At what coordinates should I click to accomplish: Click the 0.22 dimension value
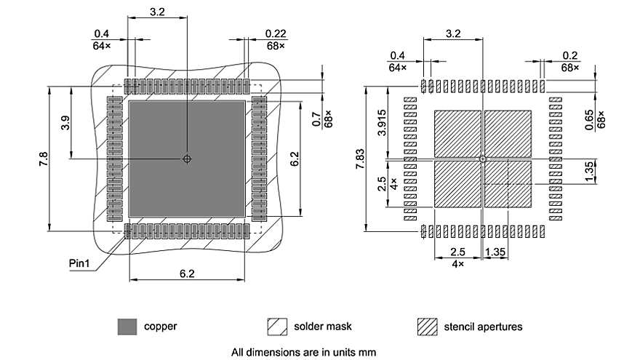click(x=276, y=34)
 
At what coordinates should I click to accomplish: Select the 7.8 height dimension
click(x=43, y=159)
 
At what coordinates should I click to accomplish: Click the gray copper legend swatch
click(x=127, y=327)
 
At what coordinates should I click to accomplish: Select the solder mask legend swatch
click(x=277, y=327)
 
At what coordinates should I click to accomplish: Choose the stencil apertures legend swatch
click(x=427, y=327)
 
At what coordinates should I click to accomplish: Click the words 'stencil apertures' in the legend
click(x=483, y=327)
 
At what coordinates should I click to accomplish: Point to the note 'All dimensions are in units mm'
click(x=303, y=352)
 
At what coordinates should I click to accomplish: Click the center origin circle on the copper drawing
click(x=187, y=159)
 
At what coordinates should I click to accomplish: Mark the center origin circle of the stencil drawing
click(x=482, y=159)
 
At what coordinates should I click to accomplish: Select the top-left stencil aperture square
click(x=457, y=134)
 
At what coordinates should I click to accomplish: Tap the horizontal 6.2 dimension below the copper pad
click(x=187, y=273)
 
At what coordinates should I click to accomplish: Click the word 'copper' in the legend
click(x=160, y=327)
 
